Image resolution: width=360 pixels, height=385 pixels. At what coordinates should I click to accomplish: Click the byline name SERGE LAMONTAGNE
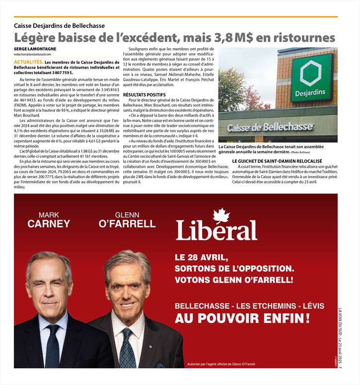(x=35, y=49)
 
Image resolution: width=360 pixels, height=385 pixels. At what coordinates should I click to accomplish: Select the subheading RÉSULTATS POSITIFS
(x=144, y=94)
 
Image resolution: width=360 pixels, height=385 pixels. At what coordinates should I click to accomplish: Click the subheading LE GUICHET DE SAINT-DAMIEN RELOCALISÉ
(x=277, y=161)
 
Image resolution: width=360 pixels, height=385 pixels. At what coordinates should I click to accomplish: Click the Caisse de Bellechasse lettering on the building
(x=271, y=128)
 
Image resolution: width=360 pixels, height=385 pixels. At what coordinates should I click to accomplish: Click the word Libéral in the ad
(x=216, y=230)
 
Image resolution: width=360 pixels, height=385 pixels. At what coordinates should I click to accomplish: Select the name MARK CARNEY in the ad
(x=49, y=219)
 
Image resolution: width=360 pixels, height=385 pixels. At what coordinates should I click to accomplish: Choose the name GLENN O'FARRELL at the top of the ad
(x=128, y=219)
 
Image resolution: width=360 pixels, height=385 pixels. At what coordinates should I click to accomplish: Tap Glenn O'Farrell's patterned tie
(x=127, y=348)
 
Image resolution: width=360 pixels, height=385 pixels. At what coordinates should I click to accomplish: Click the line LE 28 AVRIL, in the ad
(x=201, y=257)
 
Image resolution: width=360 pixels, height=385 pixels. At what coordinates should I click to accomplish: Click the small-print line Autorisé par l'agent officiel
(x=221, y=365)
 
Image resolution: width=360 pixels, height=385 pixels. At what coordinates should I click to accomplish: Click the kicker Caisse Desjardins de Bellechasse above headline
(x=59, y=26)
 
